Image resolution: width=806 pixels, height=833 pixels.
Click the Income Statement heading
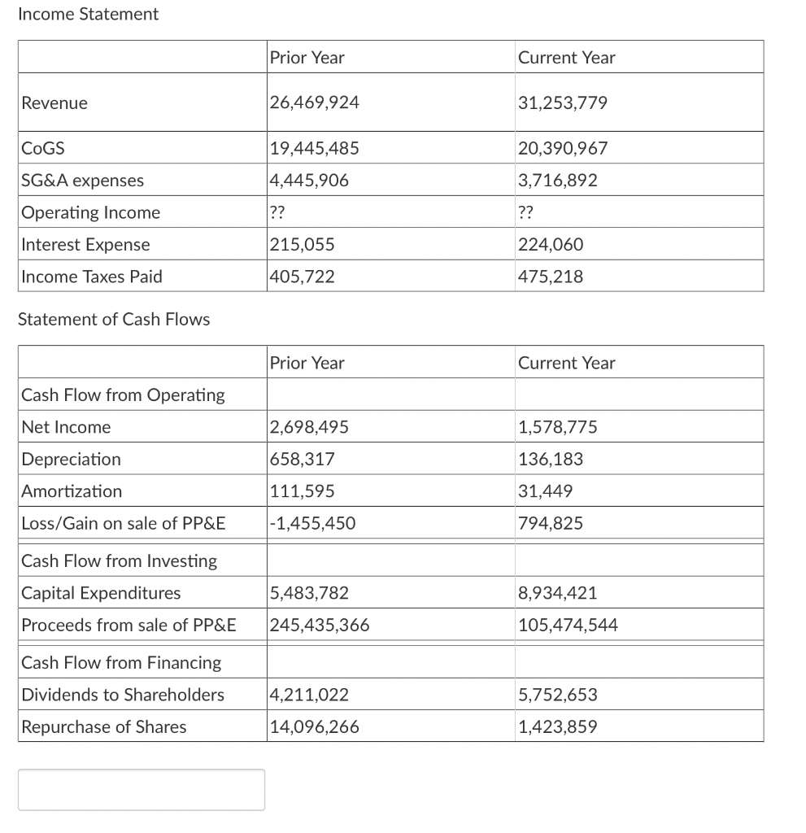tap(88, 15)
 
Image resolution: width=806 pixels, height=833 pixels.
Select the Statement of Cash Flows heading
tap(114, 320)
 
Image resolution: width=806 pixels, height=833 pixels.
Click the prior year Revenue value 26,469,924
tap(314, 102)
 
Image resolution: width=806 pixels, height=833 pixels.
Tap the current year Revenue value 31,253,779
tap(563, 102)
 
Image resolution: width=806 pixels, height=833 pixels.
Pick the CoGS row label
tap(44, 149)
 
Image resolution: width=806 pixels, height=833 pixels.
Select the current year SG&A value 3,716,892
tap(558, 181)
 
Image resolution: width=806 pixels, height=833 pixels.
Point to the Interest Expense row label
tap(86, 245)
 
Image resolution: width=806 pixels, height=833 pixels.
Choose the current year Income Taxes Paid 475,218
tap(551, 277)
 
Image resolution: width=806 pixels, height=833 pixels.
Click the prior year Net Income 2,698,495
tap(309, 427)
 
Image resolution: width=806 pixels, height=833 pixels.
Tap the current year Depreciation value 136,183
tap(551, 460)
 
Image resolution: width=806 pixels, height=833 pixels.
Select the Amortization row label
tap(72, 491)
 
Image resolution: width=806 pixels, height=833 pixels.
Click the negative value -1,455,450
tap(312, 523)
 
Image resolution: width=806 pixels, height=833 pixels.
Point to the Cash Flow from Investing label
tap(120, 561)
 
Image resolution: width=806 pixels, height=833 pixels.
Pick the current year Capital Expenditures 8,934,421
tap(558, 593)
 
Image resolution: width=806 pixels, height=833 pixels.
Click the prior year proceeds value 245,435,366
tap(320, 626)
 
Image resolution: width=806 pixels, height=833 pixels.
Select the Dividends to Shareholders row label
tap(123, 695)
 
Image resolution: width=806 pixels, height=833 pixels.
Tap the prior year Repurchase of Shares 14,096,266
tap(314, 727)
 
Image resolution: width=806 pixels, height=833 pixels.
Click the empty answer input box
tap(142, 790)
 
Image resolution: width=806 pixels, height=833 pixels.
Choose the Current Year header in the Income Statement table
tap(567, 58)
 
